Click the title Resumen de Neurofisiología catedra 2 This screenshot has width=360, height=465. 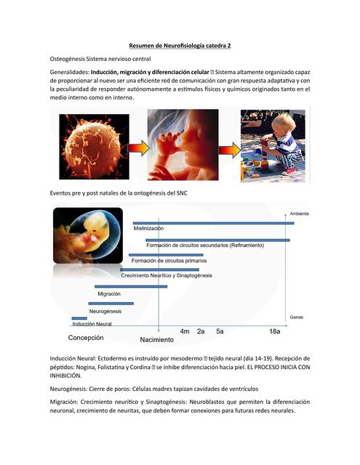[x=179, y=45]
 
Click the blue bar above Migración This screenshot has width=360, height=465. [x=130, y=287]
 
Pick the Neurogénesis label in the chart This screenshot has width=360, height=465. [x=105, y=311]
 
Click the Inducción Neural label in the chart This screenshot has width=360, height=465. [x=92, y=323]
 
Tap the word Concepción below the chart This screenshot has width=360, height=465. [x=86, y=338]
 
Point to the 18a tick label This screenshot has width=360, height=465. [x=274, y=331]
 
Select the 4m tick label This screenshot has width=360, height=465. [x=185, y=331]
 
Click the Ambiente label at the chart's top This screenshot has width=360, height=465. [x=299, y=214]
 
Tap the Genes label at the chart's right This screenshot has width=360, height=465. [x=296, y=318]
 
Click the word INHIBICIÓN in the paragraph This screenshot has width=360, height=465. [x=72, y=376]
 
